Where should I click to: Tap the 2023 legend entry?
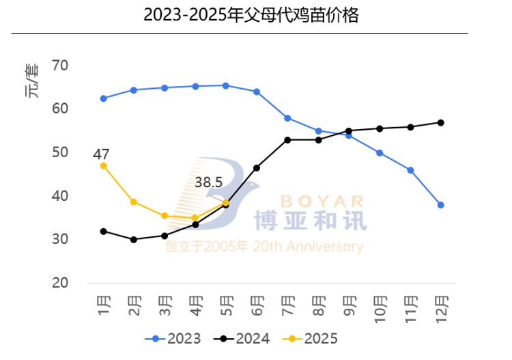tap(173, 338)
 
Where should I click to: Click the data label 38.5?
tap(209, 183)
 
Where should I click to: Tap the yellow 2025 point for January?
tap(104, 165)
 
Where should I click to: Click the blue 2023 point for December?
tap(442, 205)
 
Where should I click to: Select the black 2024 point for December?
tap(442, 123)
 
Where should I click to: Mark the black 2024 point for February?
tap(134, 240)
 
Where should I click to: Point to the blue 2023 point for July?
tap(288, 118)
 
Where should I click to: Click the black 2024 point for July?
tap(288, 140)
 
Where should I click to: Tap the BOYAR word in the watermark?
tap(312, 201)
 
